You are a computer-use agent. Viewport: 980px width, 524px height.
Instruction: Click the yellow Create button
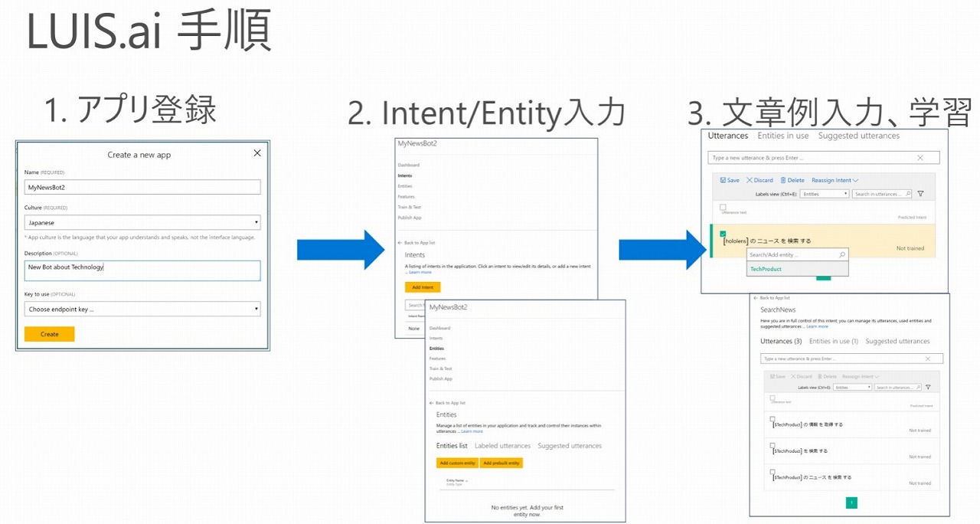click(49, 334)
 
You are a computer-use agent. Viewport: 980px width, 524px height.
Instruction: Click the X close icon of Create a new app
click(257, 153)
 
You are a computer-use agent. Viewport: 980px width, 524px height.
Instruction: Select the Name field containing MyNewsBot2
click(142, 187)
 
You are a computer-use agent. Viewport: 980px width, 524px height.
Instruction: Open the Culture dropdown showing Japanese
click(142, 223)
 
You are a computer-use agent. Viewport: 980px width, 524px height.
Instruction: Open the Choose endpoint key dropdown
click(142, 309)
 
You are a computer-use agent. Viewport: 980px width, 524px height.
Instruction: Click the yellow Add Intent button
click(423, 287)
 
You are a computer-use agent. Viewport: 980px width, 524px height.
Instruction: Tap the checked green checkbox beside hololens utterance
click(723, 234)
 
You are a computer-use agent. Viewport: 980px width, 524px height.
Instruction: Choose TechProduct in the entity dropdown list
click(766, 269)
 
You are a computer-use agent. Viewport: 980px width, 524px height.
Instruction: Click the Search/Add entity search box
click(796, 254)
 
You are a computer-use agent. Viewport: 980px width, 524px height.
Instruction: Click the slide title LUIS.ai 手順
click(149, 33)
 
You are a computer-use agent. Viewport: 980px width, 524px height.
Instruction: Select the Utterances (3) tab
click(781, 341)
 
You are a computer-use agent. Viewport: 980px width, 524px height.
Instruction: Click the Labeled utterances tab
click(502, 446)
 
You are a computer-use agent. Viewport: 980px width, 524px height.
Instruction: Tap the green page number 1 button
click(852, 503)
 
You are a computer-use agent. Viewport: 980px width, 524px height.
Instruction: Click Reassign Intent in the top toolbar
click(835, 180)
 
